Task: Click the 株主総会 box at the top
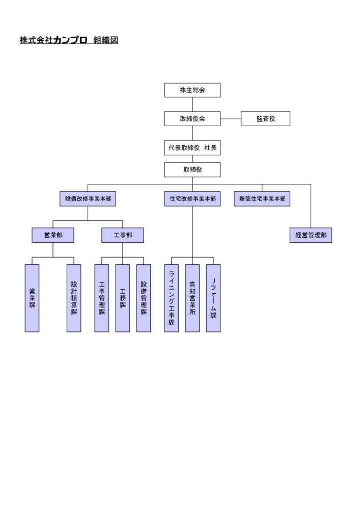click(x=192, y=90)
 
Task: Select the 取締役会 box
click(x=192, y=119)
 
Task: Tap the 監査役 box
click(x=265, y=119)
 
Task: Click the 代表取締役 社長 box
click(x=192, y=148)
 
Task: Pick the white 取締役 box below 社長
click(x=192, y=169)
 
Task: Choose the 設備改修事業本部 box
click(x=88, y=199)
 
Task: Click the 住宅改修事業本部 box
click(x=192, y=199)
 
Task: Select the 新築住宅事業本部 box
click(x=262, y=199)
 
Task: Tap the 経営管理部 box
click(x=311, y=235)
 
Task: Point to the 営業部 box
click(x=52, y=235)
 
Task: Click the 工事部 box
click(x=123, y=235)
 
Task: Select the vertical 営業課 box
click(x=32, y=298)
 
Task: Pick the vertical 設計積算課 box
click(x=74, y=298)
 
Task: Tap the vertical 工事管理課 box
click(x=102, y=298)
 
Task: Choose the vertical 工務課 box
click(x=123, y=298)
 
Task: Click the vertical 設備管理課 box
click(x=144, y=298)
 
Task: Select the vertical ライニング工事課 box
click(x=172, y=298)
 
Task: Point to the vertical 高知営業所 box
click(x=192, y=298)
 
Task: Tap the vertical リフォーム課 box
click(x=213, y=298)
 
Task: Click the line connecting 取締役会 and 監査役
click(x=231, y=119)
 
